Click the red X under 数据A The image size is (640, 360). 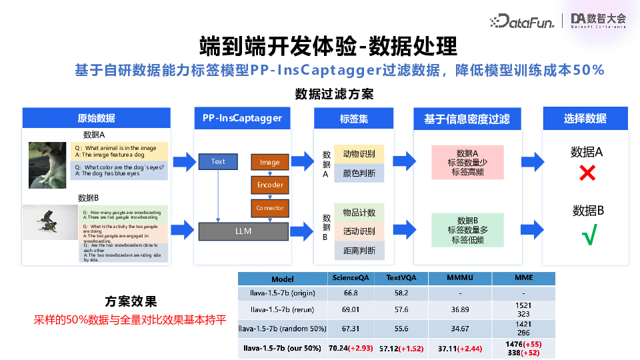click(587, 174)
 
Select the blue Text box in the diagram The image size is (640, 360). click(218, 161)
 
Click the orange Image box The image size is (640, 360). click(269, 162)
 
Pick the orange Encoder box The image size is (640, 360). click(269, 185)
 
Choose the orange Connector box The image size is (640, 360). click(269, 208)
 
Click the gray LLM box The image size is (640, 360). click(243, 231)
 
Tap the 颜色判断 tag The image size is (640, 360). click(359, 174)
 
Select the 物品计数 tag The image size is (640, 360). click(359, 213)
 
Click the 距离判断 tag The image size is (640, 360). click(359, 251)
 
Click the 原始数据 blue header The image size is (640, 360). click(97, 119)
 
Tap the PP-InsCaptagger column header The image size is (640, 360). click(243, 119)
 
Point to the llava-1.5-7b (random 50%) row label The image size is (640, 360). click(282, 329)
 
